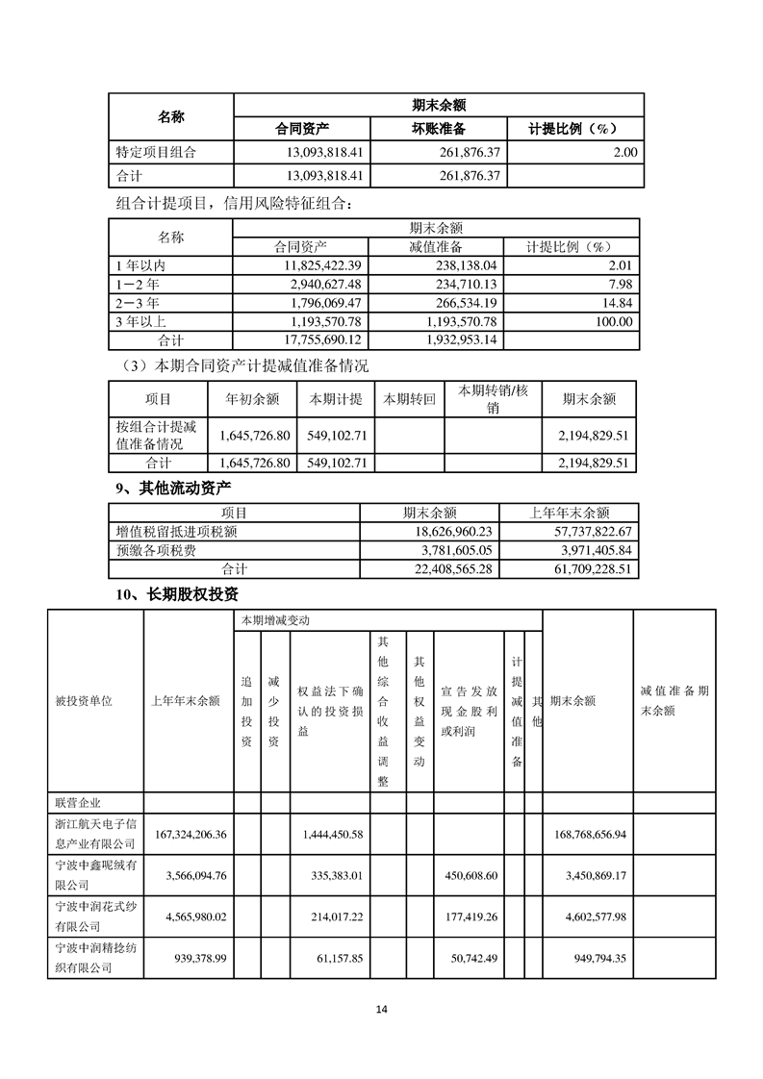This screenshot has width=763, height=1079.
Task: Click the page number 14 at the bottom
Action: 381,1009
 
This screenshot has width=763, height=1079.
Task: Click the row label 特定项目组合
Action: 155,152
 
